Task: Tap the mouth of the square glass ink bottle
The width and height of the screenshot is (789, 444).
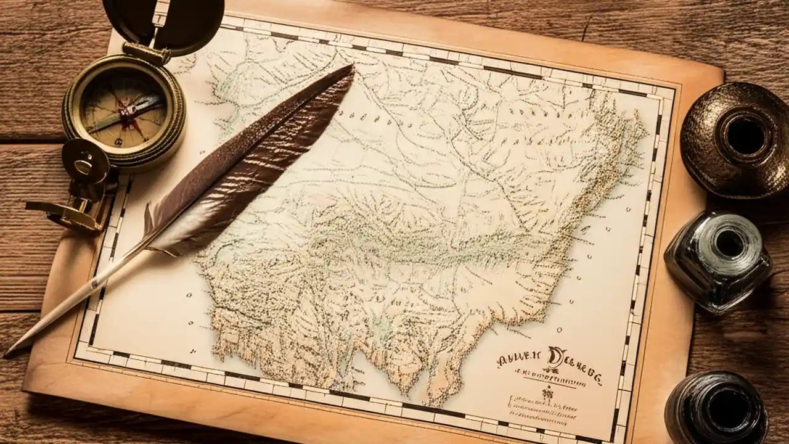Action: click(730, 244)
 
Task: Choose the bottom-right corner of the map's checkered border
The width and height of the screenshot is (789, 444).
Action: click(619, 435)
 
